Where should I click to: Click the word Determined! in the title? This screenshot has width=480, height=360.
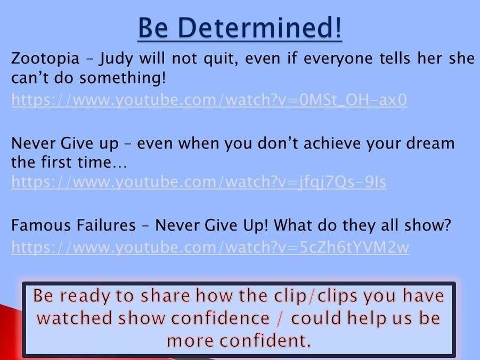coord(259,28)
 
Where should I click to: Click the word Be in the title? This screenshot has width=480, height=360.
coord(153,28)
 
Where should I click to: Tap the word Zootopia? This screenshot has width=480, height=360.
coord(45,59)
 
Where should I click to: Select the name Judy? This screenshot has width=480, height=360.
coord(116,59)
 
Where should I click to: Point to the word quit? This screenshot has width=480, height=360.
coord(221,59)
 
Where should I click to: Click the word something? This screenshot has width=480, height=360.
coord(123,78)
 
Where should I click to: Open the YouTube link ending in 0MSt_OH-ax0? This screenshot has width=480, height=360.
coord(209,100)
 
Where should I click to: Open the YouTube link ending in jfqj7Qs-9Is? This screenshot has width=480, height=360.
coord(199,182)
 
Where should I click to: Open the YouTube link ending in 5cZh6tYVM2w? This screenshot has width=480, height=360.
coord(210,247)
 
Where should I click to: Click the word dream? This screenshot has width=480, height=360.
coord(430,143)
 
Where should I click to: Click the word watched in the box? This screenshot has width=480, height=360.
coord(75,318)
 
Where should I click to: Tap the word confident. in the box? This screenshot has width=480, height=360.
coord(239,340)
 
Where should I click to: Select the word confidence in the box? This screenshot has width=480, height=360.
coord(221,318)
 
